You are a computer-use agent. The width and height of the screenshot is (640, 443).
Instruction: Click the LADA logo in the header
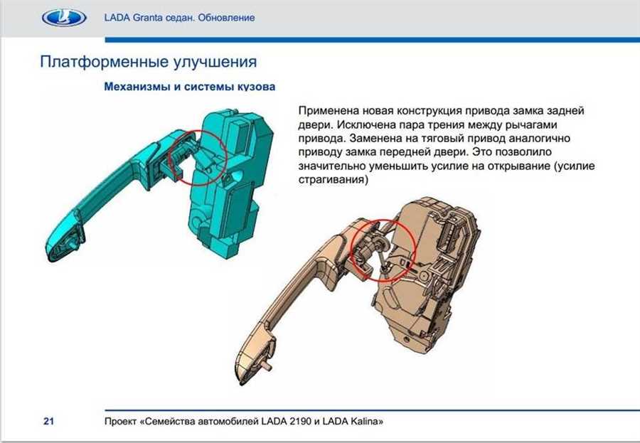coord(64,18)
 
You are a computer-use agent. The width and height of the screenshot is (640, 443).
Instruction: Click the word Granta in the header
coord(147,18)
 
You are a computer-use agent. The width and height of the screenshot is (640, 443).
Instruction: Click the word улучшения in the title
coord(215,63)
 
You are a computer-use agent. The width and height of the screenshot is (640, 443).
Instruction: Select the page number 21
coord(48,421)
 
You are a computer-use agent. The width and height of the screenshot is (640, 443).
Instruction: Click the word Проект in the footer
coord(120,422)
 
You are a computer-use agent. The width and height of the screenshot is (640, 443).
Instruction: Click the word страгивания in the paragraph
coord(334,180)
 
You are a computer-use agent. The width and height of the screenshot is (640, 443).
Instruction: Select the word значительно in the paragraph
coord(332,166)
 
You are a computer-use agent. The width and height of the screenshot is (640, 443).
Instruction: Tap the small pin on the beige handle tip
coord(268,365)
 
